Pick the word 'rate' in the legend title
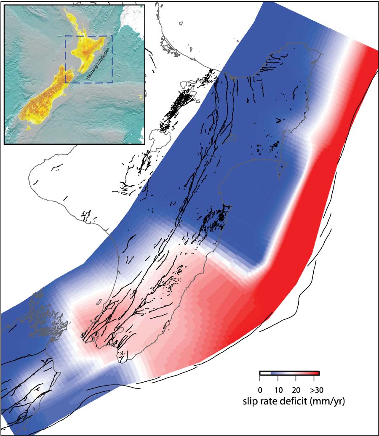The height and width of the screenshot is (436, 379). pyautogui.click(x=270, y=401)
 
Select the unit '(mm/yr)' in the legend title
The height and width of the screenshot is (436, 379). pyautogui.click(x=328, y=402)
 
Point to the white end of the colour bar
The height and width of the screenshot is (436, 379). pyautogui.click(x=262, y=373)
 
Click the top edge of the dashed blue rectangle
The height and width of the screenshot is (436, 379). pyautogui.click(x=88, y=36)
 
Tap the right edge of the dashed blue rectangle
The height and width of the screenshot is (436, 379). pyautogui.click(x=112, y=59)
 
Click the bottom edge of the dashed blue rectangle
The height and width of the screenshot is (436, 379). pyautogui.click(x=88, y=82)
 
